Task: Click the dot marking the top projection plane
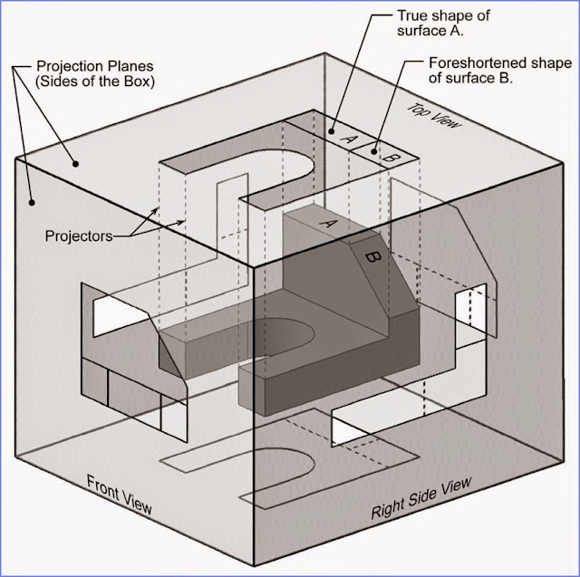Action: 77,164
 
